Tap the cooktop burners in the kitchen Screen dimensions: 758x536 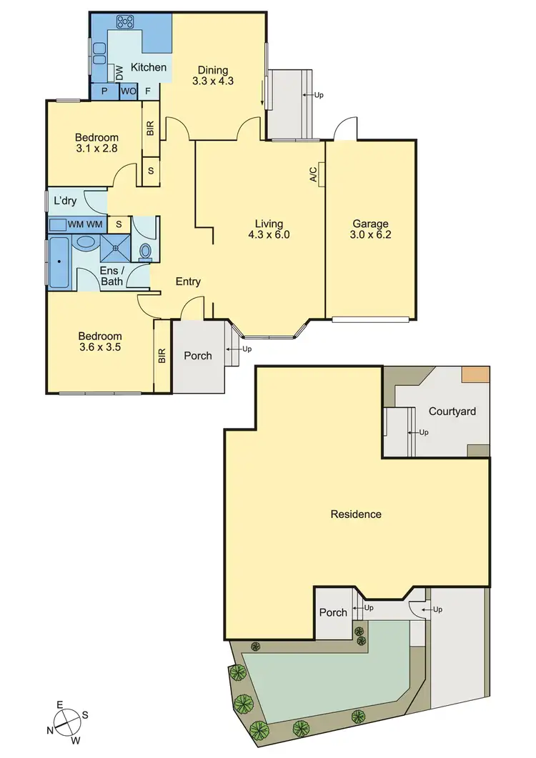pyautogui.click(x=126, y=22)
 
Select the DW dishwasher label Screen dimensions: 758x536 pyautogui.click(x=119, y=72)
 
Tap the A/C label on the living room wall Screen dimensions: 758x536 pyautogui.click(x=314, y=174)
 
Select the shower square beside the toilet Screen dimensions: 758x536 pyautogui.click(x=116, y=247)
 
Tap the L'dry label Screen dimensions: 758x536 pyautogui.click(x=65, y=201)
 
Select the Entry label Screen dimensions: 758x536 pyautogui.click(x=188, y=281)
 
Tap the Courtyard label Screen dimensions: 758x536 pyautogui.click(x=452, y=412)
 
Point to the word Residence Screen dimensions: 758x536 pyautogui.click(x=356, y=514)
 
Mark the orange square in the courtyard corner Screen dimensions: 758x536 pyautogui.click(x=475, y=374)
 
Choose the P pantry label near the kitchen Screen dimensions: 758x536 pyautogui.click(x=104, y=91)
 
